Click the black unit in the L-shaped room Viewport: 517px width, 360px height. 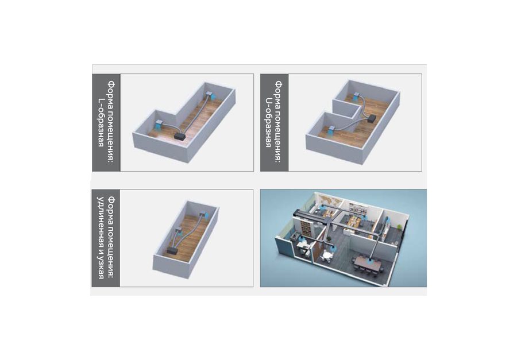(x=180, y=136)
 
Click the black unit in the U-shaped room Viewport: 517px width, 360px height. (x=372, y=119)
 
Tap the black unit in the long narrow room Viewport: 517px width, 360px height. (x=172, y=250)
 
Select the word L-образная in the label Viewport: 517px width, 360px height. (x=101, y=122)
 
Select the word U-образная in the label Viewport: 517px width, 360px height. (x=269, y=122)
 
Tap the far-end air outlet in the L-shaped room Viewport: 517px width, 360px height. (x=211, y=96)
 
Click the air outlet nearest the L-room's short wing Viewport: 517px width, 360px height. (x=159, y=124)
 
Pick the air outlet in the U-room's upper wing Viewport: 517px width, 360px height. (x=356, y=96)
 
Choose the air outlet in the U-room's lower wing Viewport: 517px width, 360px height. (x=332, y=130)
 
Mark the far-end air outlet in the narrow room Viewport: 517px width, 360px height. (x=204, y=215)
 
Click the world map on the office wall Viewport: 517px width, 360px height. (x=327, y=200)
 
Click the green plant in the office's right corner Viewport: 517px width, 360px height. (x=400, y=228)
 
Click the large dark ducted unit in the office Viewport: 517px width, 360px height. (x=311, y=214)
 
